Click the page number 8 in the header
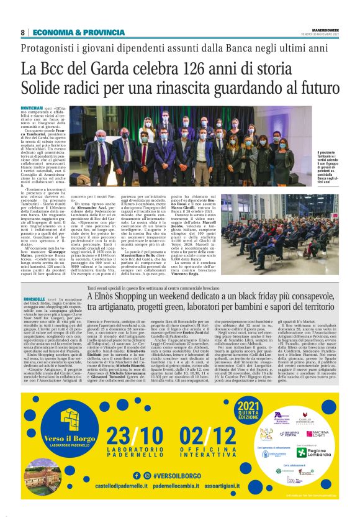click(x=22, y=32)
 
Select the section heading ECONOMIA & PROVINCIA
click(x=70, y=32)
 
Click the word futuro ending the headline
click(x=315, y=87)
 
